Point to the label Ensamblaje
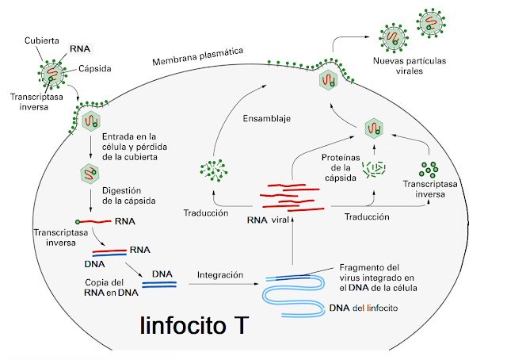click(266, 119)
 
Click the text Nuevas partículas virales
click(411, 65)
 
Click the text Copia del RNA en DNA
click(107, 287)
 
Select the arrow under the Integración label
click(219, 284)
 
